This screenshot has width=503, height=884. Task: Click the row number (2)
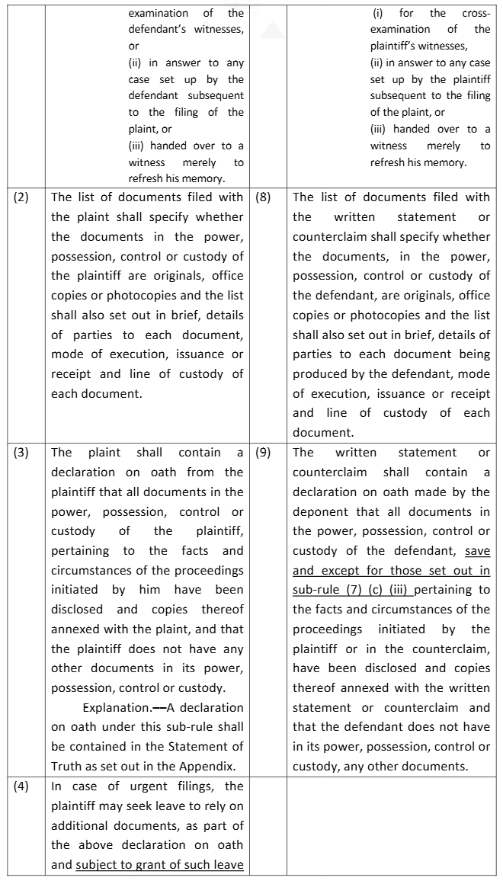[21, 197]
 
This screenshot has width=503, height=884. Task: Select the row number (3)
[21, 452]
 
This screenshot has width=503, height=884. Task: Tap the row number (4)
[21, 786]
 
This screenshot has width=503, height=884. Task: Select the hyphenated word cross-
[476, 13]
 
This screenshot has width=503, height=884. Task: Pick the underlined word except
[339, 570]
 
